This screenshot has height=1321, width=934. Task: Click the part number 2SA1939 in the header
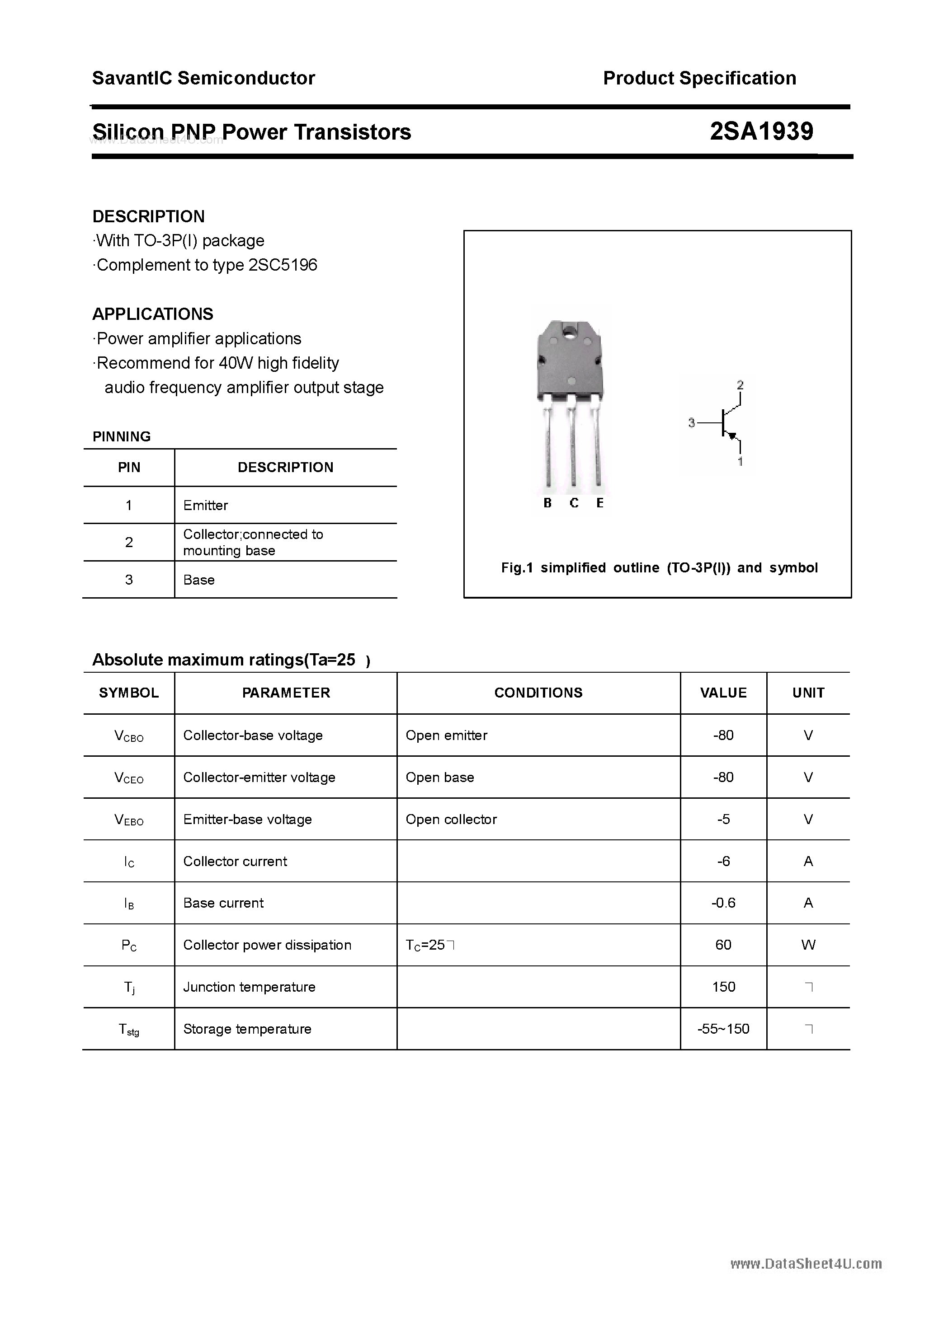click(761, 132)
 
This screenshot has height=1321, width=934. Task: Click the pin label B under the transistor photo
click(547, 503)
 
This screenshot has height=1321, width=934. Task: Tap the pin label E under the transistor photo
click(600, 503)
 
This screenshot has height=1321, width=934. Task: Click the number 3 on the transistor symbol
click(692, 423)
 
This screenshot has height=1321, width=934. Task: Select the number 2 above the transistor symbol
click(740, 384)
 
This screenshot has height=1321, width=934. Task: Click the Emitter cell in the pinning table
click(206, 505)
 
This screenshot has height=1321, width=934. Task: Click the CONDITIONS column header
click(538, 693)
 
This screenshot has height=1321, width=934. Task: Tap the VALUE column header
click(723, 693)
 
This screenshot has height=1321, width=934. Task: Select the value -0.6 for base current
click(723, 903)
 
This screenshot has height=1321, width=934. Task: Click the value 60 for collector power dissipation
click(723, 945)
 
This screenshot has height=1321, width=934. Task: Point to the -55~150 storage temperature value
click(723, 1029)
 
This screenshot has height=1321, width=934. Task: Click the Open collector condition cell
click(451, 819)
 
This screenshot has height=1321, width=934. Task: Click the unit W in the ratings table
click(808, 945)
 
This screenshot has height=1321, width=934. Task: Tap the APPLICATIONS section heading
click(153, 314)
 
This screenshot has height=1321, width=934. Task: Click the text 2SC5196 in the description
click(283, 265)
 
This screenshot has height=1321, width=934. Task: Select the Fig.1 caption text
click(659, 568)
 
